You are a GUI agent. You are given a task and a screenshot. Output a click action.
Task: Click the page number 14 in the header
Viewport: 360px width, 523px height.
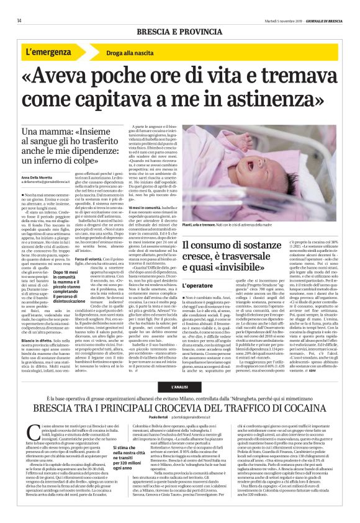point(19,20)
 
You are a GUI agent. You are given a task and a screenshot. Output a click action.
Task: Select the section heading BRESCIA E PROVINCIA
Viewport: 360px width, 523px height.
point(179,32)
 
